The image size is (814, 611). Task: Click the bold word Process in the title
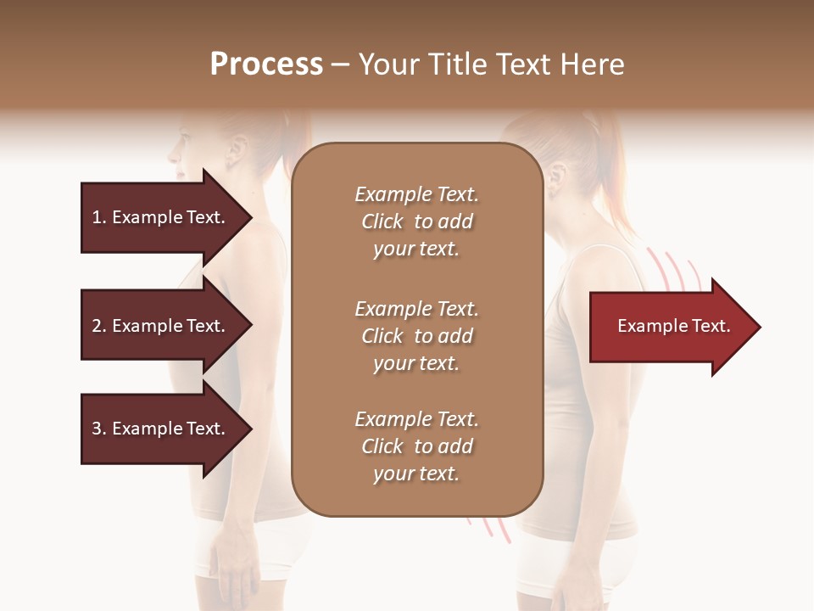pyautogui.click(x=266, y=64)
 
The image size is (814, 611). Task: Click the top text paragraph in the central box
pyautogui.click(x=416, y=221)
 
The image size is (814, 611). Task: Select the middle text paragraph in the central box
pyautogui.click(x=416, y=336)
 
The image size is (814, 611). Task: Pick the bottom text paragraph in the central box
pyautogui.click(x=416, y=446)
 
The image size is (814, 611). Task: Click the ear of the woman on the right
pyautogui.click(x=557, y=177)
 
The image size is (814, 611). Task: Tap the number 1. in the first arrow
pyautogui.click(x=99, y=217)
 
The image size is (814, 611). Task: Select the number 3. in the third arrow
pyautogui.click(x=99, y=429)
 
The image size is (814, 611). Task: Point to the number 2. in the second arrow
pyautogui.click(x=99, y=326)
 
